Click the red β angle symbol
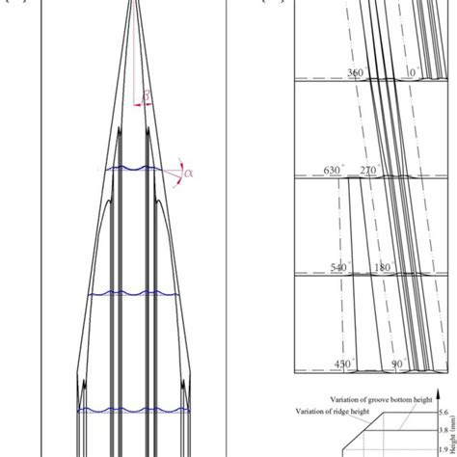click(x=147, y=94)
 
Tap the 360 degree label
click(x=356, y=72)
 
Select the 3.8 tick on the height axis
click(x=445, y=431)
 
